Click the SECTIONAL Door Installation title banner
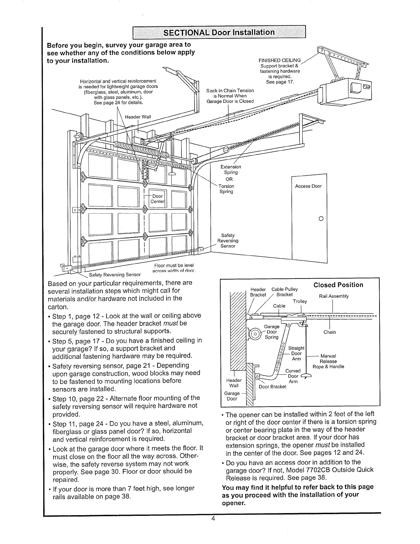tap(219, 33)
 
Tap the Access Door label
tap(308, 186)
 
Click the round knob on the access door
tap(321, 218)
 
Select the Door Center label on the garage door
tap(157, 199)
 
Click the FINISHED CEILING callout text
tap(279, 60)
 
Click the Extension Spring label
tap(231, 169)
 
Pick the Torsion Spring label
tap(226, 189)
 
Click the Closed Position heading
tap(338, 285)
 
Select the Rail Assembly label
tap(334, 296)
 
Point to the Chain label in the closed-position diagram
tap(329, 332)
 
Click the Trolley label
tap(300, 301)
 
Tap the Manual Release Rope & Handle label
tap(328, 361)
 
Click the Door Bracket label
tap(272, 387)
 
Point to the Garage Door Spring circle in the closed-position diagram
tap(255, 333)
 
